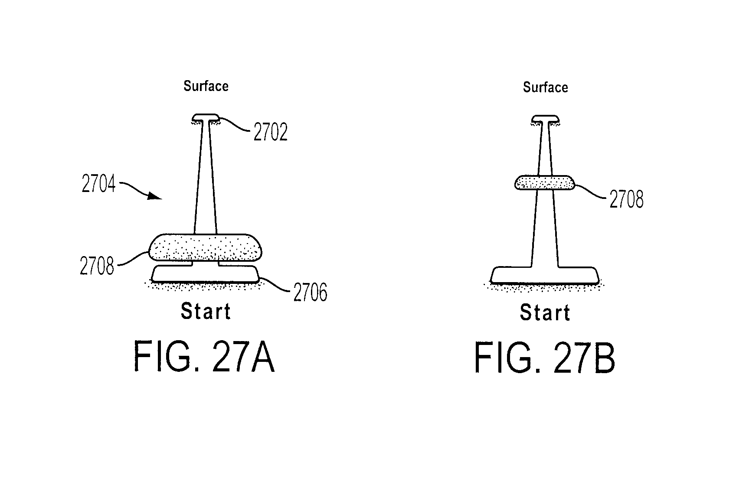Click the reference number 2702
click(270, 132)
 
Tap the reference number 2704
click(98, 183)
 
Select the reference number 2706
click(310, 292)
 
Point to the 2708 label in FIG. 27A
click(97, 266)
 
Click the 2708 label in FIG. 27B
click(627, 199)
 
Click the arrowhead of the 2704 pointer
click(154, 196)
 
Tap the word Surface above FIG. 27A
click(206, 86)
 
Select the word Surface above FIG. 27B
click(546, 87)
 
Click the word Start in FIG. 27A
click(206, 311)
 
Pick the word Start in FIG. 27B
click(545, 312)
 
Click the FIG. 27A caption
click(204, 357)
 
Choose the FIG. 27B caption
click(545, 358)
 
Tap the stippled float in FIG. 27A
click(205, 248)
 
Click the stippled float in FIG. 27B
click(545, 182)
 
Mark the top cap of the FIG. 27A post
click(206, 117)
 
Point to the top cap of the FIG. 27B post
click(546, 118)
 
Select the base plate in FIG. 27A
click(205, 274)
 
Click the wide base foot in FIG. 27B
click(545, 275)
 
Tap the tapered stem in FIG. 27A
click(205, 177)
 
